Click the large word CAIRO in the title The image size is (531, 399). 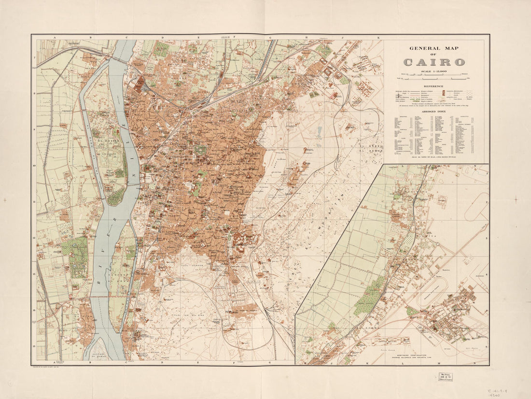tap(434, 62)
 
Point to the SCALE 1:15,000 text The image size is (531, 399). tap(434, 71)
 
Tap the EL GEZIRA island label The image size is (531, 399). tap(109, 142)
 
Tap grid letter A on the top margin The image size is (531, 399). tap(55, 37)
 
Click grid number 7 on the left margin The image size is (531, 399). tap(34, 58)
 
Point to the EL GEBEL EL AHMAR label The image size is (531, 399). tap(369, 148)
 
